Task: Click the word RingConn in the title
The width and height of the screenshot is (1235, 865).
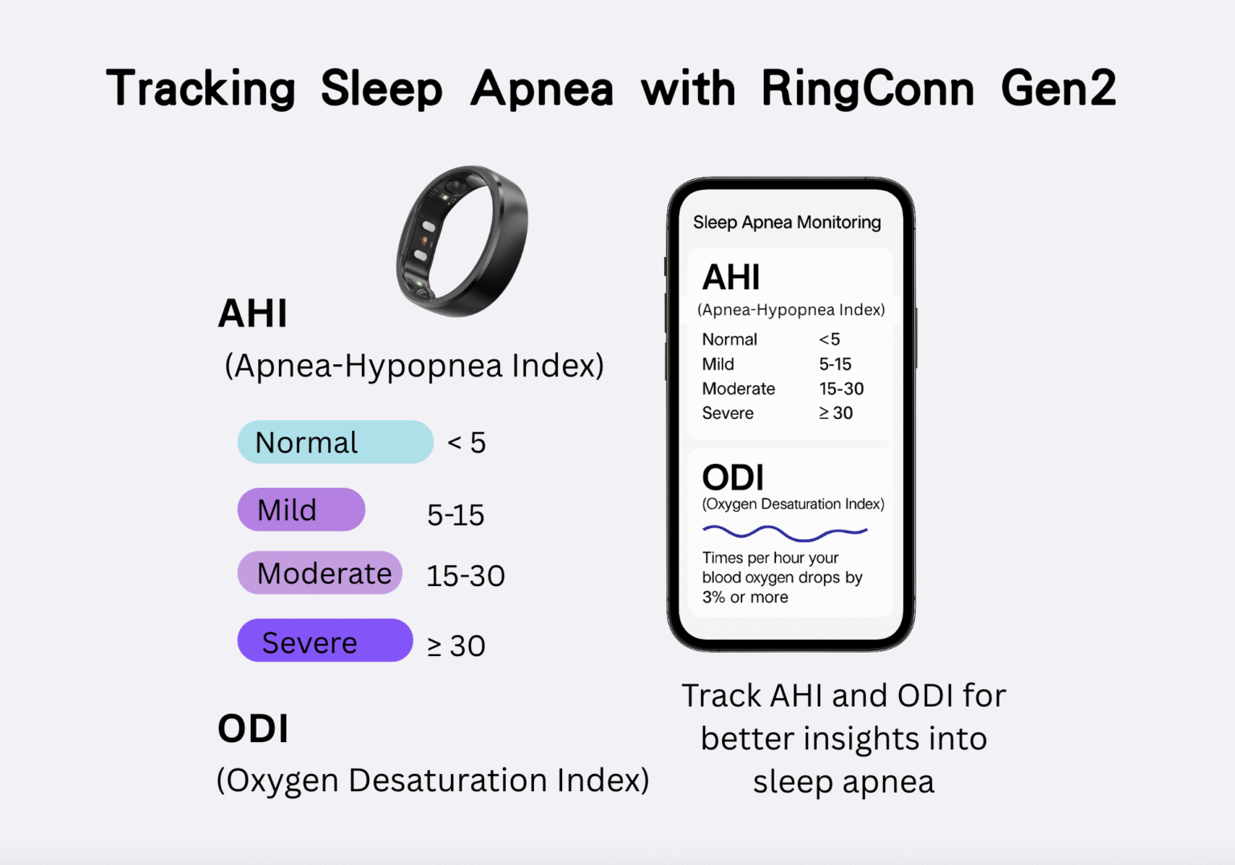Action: [867, 88]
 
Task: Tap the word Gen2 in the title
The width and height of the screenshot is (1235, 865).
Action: [1058, 88]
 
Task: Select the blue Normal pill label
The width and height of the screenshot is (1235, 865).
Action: [334, 442]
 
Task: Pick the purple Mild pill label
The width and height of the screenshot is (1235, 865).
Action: [301, 510]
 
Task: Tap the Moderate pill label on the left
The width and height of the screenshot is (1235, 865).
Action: [320, 573]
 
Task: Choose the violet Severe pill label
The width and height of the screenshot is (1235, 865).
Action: [325, 642]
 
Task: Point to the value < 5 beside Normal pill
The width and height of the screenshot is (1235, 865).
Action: [466, 443]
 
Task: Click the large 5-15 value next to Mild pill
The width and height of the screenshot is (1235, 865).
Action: [455, 515]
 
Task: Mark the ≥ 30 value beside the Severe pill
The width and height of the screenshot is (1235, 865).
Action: [456, 646]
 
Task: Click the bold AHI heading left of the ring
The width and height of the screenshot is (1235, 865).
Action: [252, 314]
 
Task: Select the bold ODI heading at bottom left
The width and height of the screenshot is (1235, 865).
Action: [252, 729]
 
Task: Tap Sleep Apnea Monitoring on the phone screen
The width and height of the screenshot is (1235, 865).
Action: [786, 223]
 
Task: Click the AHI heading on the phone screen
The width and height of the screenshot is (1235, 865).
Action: [730, 278]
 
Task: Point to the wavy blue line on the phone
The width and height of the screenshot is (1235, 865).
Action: [785, 533]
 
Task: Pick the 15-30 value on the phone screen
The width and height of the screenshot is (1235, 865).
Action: [841, 389]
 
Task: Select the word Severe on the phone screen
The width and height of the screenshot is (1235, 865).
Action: [728, 413]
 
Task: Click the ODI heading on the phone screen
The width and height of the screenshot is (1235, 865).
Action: [732, 478]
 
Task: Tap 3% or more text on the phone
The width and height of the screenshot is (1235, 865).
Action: [745, 597]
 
